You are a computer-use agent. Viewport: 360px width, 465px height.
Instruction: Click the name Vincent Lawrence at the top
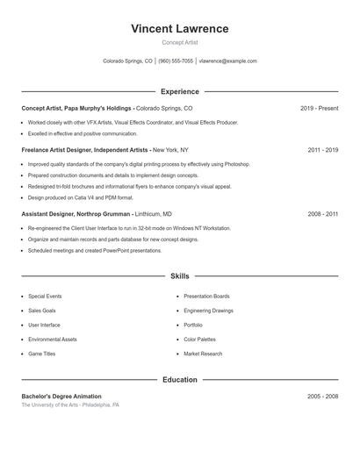click(x=179, y=29)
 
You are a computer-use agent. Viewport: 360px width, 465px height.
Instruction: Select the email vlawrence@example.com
click(x=227, y=61)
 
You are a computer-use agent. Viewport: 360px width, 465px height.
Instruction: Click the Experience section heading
click(x=180, y=91)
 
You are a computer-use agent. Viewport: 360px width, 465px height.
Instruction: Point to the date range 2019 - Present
click(x=319, y=108)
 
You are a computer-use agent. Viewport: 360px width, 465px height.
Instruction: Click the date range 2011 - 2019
click(x=322, y=150)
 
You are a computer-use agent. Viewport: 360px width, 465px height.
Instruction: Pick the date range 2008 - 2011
click(x=322, y=214)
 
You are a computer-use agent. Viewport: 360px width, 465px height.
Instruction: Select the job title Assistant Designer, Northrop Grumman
click(x=77, y=214)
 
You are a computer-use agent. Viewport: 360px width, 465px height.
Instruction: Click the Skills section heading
click(x=180, y=275)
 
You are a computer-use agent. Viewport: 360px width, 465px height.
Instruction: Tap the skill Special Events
click(x=45, y=297)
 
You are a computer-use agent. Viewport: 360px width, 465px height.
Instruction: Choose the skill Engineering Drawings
click(x=208, y=311)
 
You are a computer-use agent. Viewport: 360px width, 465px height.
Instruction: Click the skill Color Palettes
click(x=199, y=340)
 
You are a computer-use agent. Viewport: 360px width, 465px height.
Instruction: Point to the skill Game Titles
click(x=41, y=354)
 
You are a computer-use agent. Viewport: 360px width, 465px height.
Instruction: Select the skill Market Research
click(x=203, y=354)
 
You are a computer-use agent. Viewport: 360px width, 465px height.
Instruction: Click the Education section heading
click(x=180, y=380)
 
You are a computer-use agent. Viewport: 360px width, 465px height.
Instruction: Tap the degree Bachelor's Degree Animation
click(x=61, y=397)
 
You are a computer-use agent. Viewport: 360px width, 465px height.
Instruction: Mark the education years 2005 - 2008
click(x=322, y=397)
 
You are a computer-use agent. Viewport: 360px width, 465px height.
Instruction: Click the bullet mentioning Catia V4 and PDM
click(x=81, y=197)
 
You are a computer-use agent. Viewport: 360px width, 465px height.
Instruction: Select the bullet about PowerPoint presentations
click(x=95, y=250)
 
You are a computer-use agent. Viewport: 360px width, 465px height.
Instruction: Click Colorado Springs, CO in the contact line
click(x=127, y=61)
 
